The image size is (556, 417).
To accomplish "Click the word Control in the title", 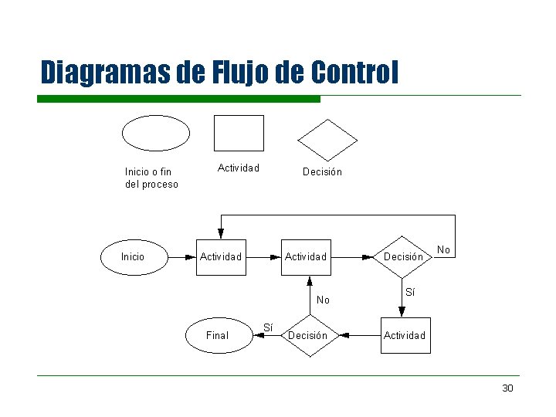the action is [354, 72].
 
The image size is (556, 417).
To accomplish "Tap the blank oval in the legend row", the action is [156, 134].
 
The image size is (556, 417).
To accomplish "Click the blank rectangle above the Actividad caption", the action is [239, 134].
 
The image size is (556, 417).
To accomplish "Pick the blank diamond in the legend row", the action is [327, 141].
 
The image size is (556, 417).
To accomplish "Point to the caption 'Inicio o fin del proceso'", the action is [151, 178].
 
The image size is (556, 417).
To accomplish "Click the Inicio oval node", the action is [134, 257].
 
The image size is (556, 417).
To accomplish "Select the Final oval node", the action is [219, 335].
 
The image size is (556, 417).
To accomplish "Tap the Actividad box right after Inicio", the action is [222, 257].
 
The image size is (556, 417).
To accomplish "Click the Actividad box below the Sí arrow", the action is [405, 335].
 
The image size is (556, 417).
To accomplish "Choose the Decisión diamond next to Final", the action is [310, 335].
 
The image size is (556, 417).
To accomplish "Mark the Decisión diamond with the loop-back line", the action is [402, 257].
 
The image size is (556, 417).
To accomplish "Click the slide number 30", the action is [507, 388].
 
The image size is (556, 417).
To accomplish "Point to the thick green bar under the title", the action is [178, 99].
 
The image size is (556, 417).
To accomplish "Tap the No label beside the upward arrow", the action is [323, 300].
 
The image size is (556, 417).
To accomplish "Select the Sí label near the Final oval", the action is [268, 327].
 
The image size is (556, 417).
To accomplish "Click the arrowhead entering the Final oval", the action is [259, 335].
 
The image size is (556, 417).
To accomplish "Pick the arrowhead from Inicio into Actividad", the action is [191, 257].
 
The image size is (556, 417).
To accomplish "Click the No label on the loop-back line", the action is [443, 249].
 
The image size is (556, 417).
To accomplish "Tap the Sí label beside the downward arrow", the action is [410, 292].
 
